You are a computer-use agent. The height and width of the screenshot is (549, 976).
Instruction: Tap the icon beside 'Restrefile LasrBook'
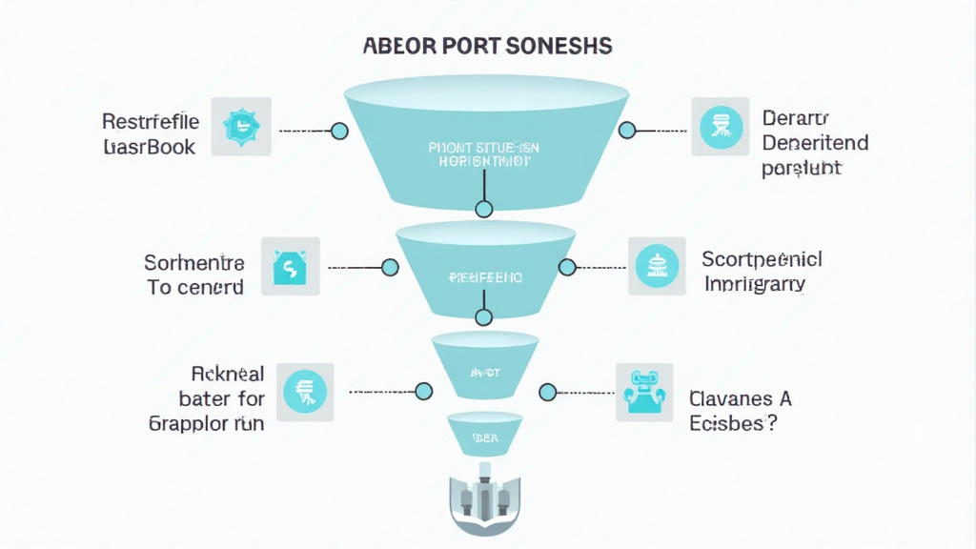tap(241, 126)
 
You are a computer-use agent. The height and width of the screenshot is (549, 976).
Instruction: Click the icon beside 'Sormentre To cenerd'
tap(290, 267)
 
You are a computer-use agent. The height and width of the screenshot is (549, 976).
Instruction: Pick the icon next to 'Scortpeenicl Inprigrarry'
tap(657, 264)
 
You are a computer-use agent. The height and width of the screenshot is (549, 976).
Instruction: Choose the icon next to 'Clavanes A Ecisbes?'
tap(643, 391)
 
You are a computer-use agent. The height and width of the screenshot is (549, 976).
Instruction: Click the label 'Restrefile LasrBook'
tap(151, 134)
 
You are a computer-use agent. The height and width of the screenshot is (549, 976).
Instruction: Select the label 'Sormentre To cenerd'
tap(194, 274)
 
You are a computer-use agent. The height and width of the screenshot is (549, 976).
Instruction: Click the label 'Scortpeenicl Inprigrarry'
tap(762, 271)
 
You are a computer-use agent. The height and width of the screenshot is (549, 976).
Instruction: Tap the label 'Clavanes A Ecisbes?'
tap(740, 411)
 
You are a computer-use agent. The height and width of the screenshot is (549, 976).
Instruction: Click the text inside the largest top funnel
tap(483, 154)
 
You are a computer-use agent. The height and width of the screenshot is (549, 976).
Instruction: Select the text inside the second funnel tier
tap(484, 277)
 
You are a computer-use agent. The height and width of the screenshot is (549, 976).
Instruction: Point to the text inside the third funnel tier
tap(484, 373)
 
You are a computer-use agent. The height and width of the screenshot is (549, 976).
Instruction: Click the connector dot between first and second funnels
tap(483, 209)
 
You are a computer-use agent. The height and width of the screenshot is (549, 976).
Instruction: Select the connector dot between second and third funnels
tap(483, 316)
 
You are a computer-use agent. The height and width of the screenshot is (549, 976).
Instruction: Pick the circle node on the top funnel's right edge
tap(626, 131)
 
